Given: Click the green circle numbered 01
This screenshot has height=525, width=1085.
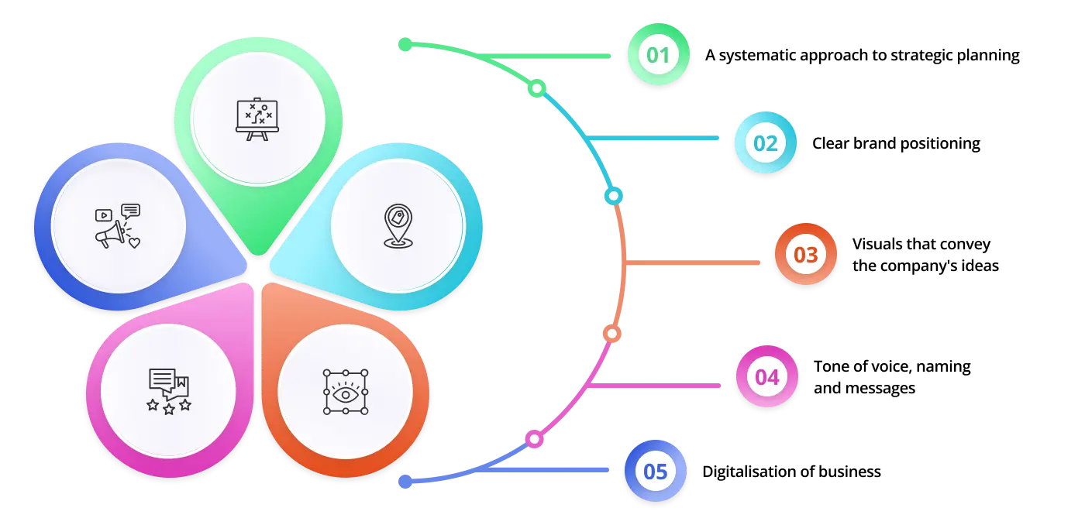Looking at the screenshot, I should click(658, 55).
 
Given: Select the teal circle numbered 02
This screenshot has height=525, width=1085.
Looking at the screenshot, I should click(765, 143).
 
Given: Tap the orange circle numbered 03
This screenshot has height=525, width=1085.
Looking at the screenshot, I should click(806, 255).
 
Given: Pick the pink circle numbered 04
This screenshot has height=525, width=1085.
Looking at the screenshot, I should click(766, 377).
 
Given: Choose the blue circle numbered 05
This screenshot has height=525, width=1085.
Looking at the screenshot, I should click(656, 472).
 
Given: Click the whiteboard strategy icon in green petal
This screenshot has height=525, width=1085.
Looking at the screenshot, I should click(257, 119).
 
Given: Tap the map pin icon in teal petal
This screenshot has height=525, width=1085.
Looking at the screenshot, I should click(398, 226).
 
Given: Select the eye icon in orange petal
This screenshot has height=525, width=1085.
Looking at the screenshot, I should click(346, 392).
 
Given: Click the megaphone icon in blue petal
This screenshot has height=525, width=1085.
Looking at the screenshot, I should click(118, 227).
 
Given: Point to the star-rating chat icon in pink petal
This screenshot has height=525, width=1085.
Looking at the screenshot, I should click(169, 391).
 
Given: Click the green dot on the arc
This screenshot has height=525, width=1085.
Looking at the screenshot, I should click(537, 89).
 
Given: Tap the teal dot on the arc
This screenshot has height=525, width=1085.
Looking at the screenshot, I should click(614, 196).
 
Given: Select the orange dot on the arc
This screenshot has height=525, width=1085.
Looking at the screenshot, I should click(611, 334).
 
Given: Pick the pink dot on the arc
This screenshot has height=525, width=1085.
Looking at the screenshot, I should click(534, 440).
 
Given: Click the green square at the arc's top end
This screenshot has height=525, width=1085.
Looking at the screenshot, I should click(405, 45).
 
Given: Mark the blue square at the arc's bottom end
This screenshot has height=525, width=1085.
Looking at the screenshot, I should click(405, 481).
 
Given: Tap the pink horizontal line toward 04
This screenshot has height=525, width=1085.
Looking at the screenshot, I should click(659, 384).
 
